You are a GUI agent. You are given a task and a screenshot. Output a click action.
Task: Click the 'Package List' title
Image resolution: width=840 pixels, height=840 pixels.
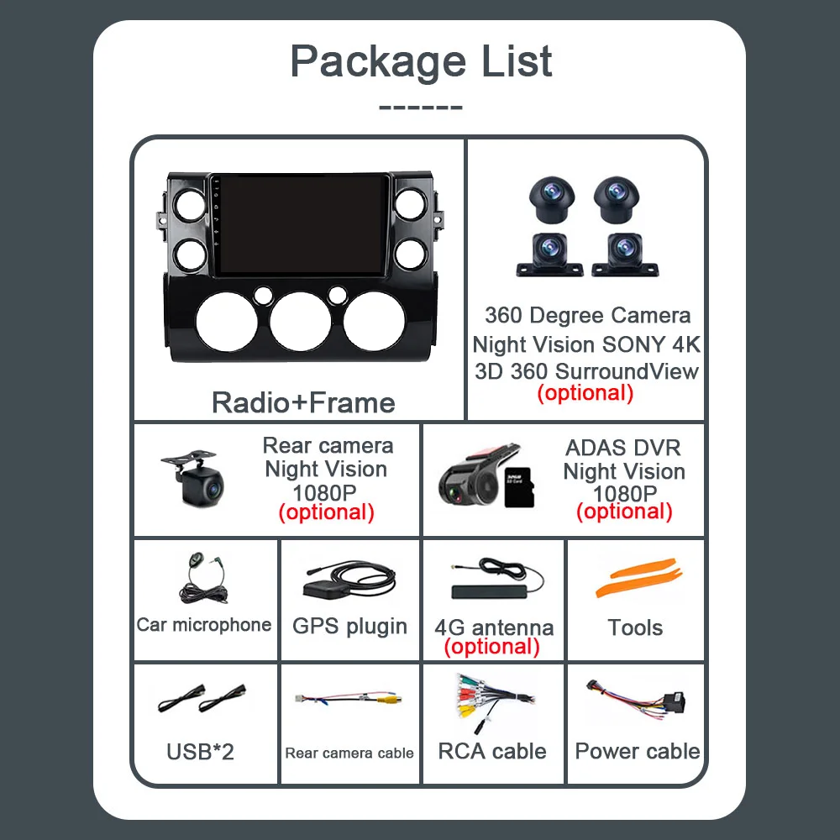(421, 61)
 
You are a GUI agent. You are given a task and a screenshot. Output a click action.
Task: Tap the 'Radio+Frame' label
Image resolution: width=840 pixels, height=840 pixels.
(303, 402)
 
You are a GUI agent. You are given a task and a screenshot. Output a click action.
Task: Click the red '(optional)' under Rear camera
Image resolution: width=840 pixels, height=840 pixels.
(326, 512)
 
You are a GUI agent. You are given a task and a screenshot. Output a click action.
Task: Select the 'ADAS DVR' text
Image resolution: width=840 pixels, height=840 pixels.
(623, 448)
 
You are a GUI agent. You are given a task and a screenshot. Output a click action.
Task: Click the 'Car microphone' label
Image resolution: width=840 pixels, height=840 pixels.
(204, 624)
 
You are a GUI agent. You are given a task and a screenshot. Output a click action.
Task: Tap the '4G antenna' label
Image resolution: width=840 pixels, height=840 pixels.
(494, 627)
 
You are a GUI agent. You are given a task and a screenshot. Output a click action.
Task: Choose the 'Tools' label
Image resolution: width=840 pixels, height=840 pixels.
(635, 627)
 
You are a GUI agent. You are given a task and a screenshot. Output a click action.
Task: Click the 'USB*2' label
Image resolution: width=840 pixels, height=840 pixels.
(200, 751)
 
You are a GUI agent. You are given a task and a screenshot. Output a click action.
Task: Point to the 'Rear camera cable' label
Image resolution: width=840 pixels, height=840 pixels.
(349, 753)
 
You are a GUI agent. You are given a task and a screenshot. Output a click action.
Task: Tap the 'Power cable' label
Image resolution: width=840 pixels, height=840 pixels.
(638, 751)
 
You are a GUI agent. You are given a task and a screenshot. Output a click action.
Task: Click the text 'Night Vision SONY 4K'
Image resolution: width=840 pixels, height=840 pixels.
(586, 344)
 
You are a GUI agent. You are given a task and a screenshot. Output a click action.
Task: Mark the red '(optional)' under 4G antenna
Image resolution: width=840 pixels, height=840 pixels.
(492, 646)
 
